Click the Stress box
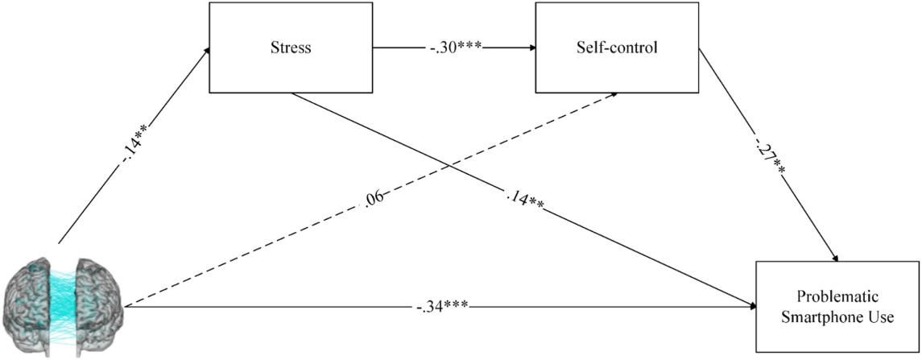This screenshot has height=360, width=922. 291,47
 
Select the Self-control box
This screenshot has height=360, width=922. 616,47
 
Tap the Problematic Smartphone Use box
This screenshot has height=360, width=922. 837,307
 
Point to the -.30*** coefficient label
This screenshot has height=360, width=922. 454,47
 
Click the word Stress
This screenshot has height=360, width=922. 291,47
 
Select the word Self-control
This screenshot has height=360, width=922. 616,47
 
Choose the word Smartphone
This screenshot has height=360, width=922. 825,317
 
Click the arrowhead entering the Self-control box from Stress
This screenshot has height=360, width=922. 532,47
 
